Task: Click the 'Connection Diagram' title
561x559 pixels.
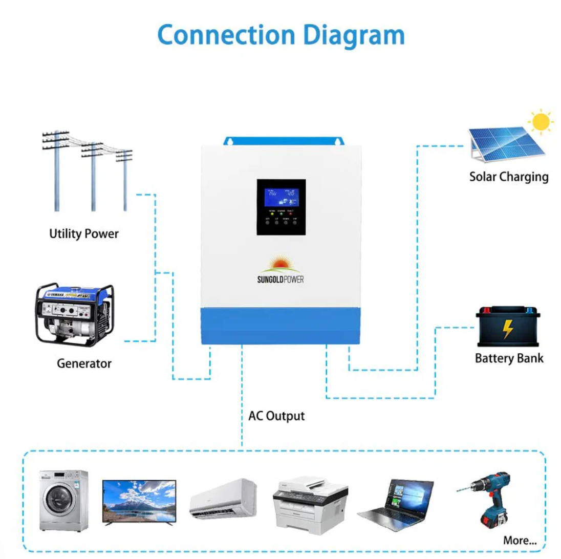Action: click(x=280, y=35)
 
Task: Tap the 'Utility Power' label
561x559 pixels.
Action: click(x=83, y=234)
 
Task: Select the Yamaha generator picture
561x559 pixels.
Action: click(x=75, y=314)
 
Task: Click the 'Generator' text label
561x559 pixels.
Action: click(x=84, y=364)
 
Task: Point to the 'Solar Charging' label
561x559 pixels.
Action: click(x=508, y=177)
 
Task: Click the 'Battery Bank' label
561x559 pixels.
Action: click(x=509, y=358)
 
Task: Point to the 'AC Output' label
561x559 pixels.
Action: click(x=276, y=416)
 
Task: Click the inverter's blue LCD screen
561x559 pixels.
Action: click(x=281, y=198)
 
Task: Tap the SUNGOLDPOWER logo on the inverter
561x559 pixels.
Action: click(x=281, y=271)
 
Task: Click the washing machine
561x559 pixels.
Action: click(x=64, y=500)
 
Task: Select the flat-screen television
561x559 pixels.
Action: click(x=139, y=502)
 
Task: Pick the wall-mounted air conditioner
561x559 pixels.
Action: click(x=224, y=498)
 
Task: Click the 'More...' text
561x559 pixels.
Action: click(x=520, y=540)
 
